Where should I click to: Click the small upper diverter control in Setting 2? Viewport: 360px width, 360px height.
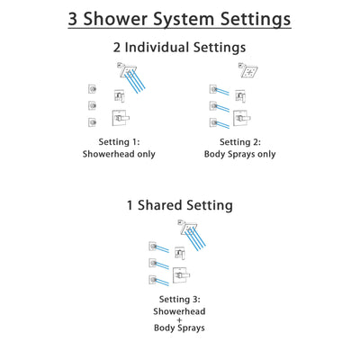click(x=241, y=94)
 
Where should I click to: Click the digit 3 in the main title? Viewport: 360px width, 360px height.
click(x=74, y=19)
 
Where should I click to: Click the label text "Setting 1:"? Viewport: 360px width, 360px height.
click(x=119, y=141)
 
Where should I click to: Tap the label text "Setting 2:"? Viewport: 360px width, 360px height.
click(x=242, y=141)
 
